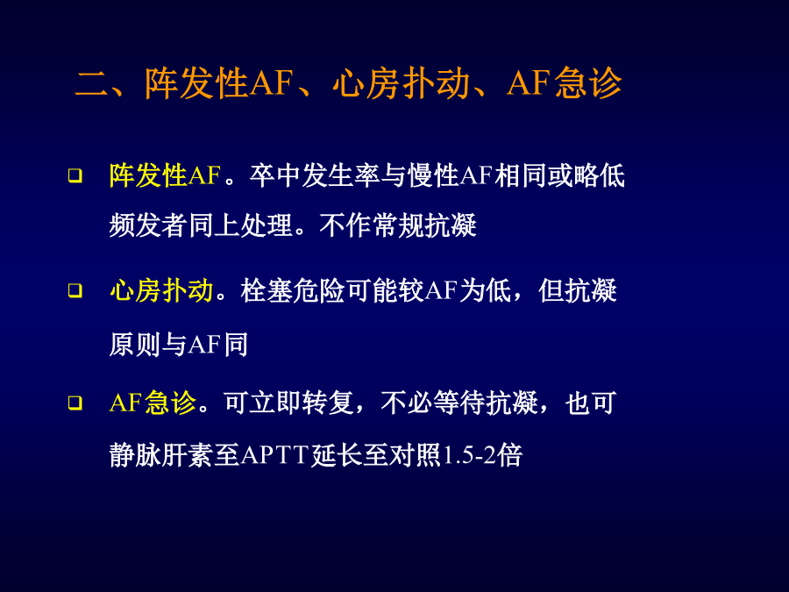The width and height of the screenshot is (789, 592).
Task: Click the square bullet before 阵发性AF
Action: tap(75, 175)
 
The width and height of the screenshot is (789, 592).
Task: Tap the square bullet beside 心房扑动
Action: tap(75, 290)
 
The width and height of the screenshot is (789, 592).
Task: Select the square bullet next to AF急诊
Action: tap(75, 403)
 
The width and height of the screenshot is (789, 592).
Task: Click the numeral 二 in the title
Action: tap(92, 83)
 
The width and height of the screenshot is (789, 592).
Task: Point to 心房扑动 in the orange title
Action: tap(401, 83)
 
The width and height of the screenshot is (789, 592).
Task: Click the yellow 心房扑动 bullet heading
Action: tap(161, 290)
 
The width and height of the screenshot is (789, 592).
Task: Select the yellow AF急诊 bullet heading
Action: tap(153, 403)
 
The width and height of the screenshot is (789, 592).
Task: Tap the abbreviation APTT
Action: tap(274, 455)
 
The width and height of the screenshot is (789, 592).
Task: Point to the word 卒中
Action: tap(275, 175)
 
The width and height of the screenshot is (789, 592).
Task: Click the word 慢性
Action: tap(433, 175)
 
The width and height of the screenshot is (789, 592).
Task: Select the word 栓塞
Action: tap(267, 290)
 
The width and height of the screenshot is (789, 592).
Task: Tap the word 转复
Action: tap(328, 403)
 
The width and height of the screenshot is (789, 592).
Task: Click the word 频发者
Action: tap(148, 225)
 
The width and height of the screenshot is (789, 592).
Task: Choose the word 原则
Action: tap(135, 345)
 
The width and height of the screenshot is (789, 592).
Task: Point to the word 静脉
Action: tap(135, 455)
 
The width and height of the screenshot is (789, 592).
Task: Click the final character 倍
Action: tap(509, 455)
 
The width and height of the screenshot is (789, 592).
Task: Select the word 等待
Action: tap(459, 403)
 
